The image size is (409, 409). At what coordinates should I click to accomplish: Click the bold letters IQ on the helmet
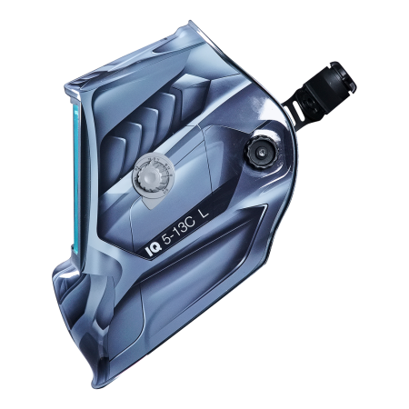pyautogui.click(x=154, y=250)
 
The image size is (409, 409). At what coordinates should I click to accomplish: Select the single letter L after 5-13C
pyautogui.click(x=204, y=214)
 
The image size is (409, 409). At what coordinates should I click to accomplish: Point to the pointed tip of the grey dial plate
pyautogui.click(x=150, y=208)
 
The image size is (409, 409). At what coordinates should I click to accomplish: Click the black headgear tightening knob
pyautogui.click(x=259, y=152)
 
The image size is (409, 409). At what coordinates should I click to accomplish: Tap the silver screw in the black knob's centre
pyautogui.click(x=260, y=152)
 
